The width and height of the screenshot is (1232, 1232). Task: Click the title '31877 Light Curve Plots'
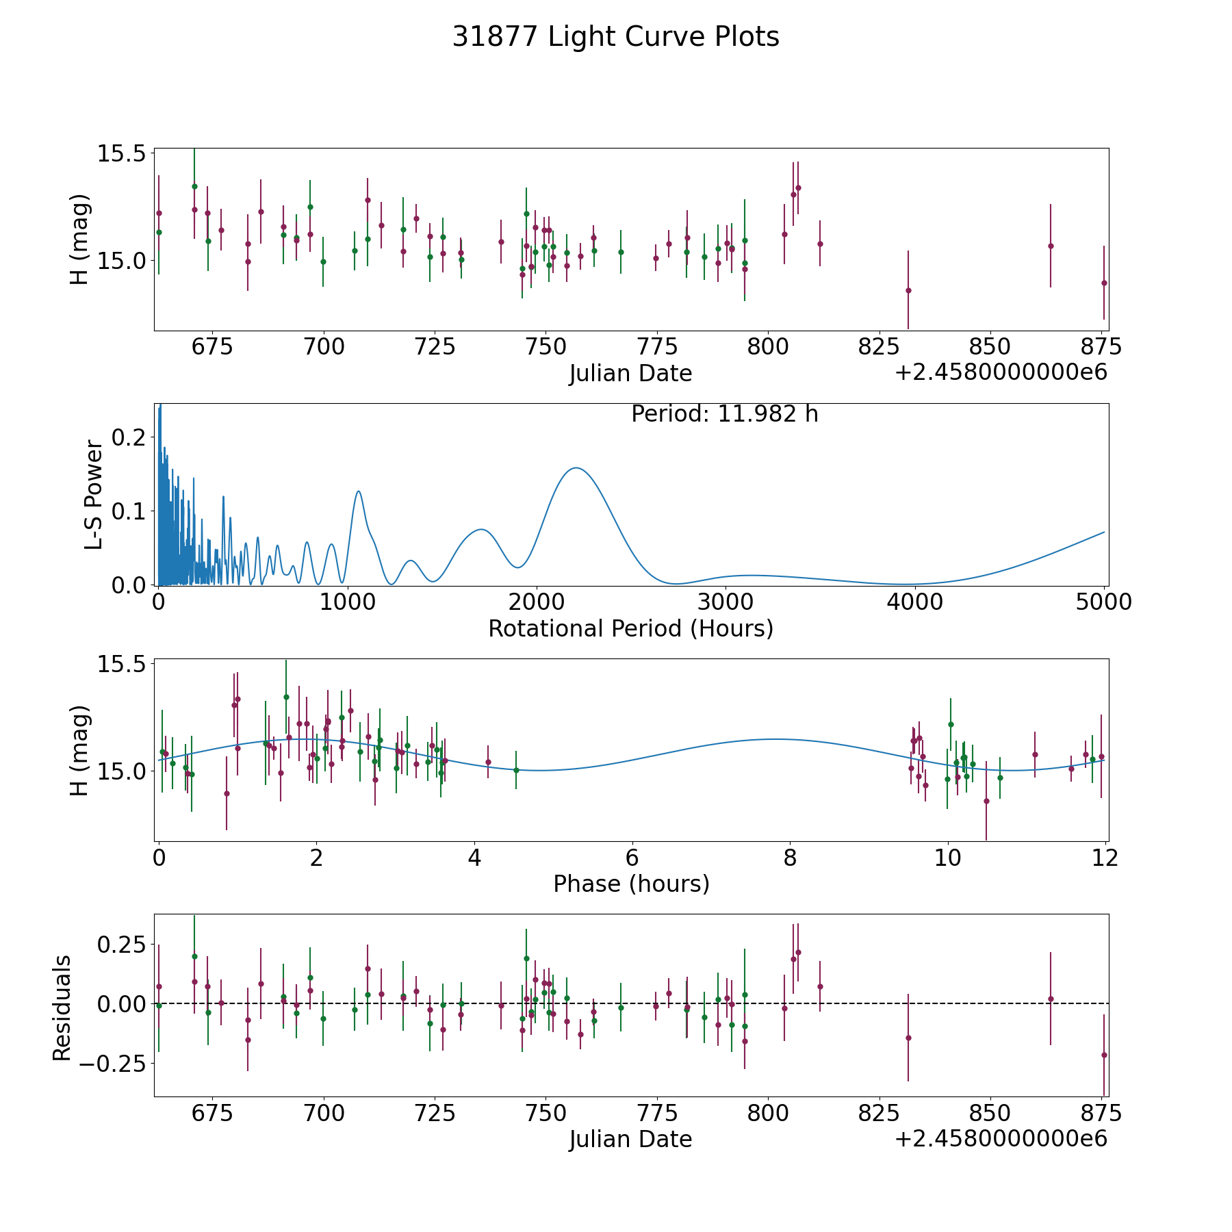point(615,37)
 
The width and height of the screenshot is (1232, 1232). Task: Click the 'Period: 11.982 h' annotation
point(724,414)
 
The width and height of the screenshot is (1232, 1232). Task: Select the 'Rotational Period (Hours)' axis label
point(630,628)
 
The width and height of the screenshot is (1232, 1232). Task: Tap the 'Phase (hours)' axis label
point(631,884)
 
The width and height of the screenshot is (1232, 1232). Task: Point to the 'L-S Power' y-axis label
point(94,494)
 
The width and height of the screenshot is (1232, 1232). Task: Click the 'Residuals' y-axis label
point(62,1008)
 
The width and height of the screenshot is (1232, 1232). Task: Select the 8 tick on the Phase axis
point(790,858)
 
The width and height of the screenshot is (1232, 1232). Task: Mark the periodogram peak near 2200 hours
point(576,468)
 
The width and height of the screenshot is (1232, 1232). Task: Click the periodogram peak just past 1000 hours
point(358,491)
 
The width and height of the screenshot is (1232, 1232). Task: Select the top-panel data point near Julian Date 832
point(908,290)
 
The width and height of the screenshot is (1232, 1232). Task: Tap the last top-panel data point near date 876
point(1104,283)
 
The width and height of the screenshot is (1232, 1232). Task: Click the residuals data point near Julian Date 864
point(1051,999)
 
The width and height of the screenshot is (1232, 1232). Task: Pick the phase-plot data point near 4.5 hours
point(516,770)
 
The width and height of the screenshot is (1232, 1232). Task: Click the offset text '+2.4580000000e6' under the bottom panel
point(1001,1139)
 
